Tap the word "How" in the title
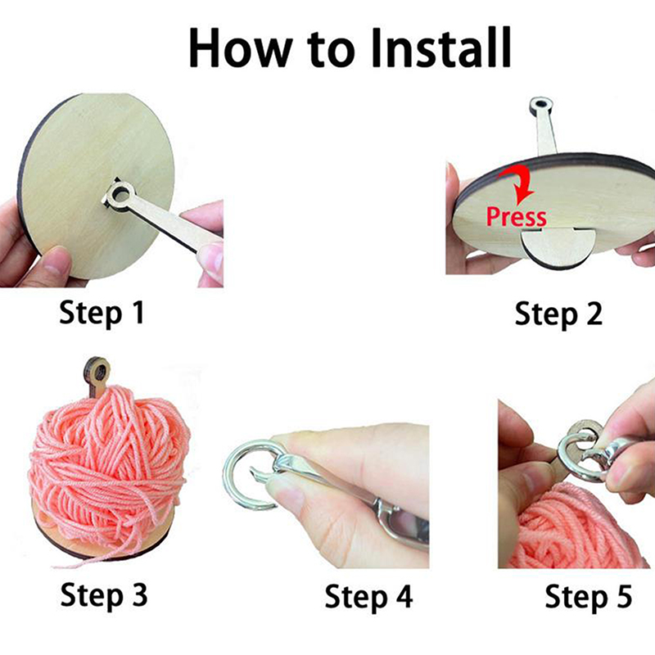point(240,47)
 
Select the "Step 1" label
point(102,314)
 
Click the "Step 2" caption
point(558,314)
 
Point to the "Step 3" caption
point(104,596)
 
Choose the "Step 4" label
point(368,598)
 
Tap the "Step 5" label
point(588,598)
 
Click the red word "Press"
point(517,216)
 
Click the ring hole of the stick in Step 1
point(120,194)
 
